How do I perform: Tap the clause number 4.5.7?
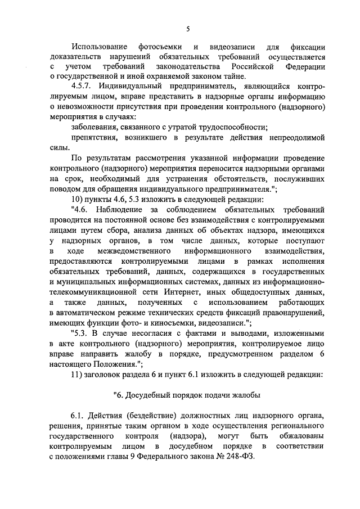[x=83, y=87]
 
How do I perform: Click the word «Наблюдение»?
[x=124, y=209]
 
